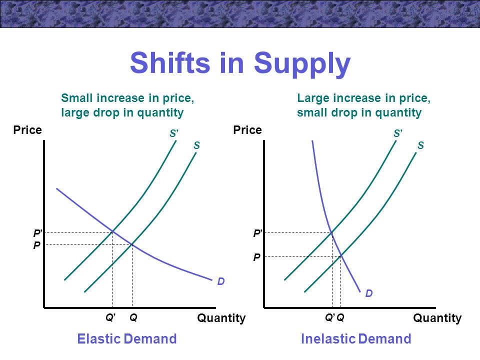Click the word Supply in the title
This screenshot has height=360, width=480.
coord(302,64)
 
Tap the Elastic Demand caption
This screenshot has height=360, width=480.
coord(126,339)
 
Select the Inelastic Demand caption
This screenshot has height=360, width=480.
coord(356,339)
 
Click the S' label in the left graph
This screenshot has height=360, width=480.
coord(174,133)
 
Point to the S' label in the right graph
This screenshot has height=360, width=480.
coord(398,133)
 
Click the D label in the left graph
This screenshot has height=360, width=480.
coord(221,281)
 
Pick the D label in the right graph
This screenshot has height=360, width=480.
coord(369,293)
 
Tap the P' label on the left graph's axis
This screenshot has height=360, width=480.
coord(37,233)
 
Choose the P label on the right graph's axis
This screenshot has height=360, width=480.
coord(257,257)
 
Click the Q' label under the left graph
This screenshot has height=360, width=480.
coord(110,318)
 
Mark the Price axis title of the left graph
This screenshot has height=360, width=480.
coord(27,130)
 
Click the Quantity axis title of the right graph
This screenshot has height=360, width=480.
coord(437,318)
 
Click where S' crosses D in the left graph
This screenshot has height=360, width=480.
coord(112,231)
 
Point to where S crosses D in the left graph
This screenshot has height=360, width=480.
coord(132,244)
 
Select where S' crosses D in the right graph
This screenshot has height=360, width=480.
coord(331,232)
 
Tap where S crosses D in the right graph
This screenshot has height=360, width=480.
coord(340,256)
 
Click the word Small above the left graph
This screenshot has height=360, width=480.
coord(77,98)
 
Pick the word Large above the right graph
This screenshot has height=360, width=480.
coord(313,99)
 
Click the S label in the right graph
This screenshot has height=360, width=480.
coord(421,145)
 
